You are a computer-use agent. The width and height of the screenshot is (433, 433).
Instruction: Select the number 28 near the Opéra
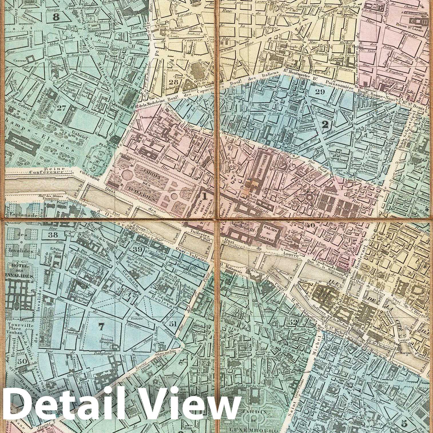[173, 83]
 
